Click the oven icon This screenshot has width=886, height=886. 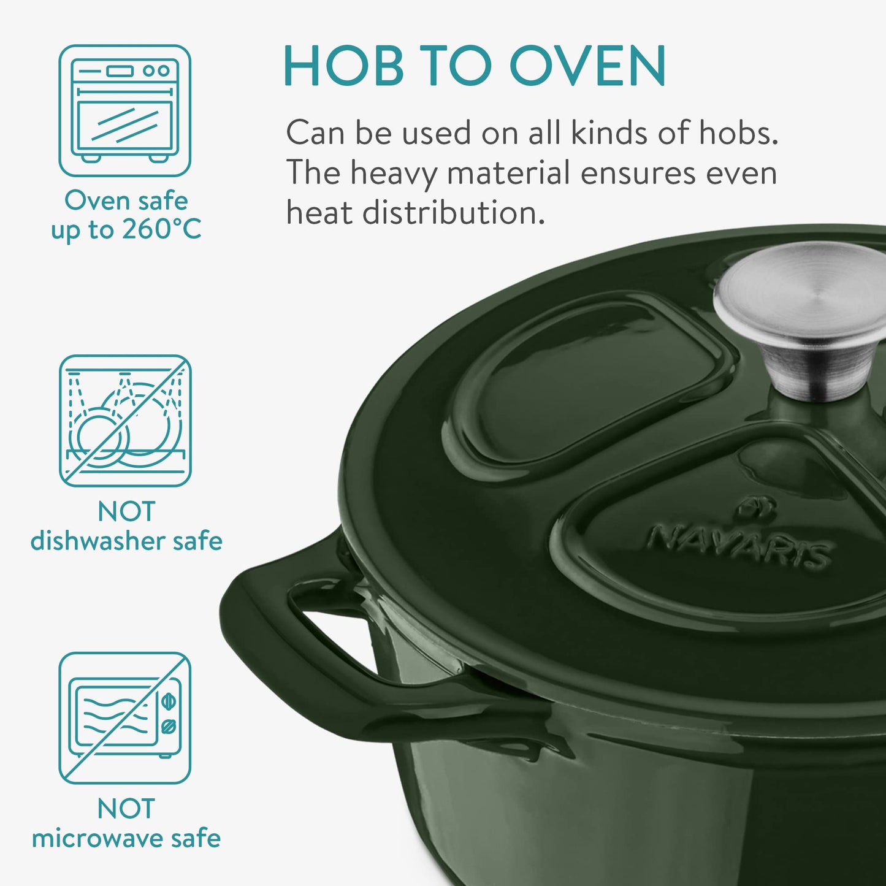pos(125,110)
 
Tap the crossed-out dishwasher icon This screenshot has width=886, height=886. pos(125,421)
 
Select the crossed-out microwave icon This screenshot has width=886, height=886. pos(125,718)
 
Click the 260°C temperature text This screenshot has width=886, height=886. pos(161,230)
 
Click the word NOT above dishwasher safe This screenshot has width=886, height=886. pos(126,511)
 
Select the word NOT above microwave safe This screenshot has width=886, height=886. pos(126,809)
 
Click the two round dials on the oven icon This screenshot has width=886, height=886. pos(156,71)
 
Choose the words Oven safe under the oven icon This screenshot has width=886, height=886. pos(126,200)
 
